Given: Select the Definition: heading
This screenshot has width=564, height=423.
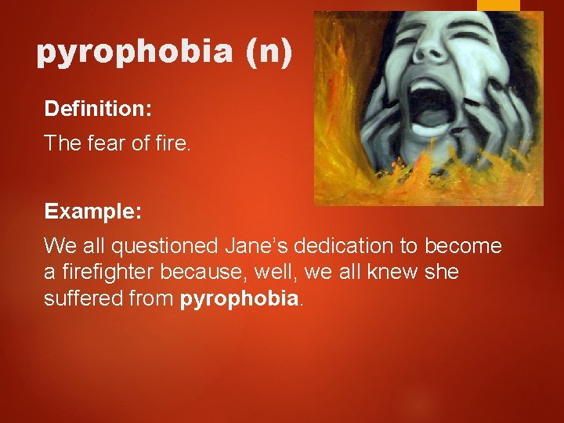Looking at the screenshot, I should [98, 109].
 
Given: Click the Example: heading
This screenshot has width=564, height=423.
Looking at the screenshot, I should [92, 211].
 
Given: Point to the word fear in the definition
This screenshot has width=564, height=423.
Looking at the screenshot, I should [110, 143].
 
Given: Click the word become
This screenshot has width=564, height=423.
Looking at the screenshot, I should [463, 246].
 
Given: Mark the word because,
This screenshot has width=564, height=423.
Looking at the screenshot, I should [196, 273].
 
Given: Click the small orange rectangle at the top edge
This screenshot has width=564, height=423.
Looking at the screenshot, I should [498, 5].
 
